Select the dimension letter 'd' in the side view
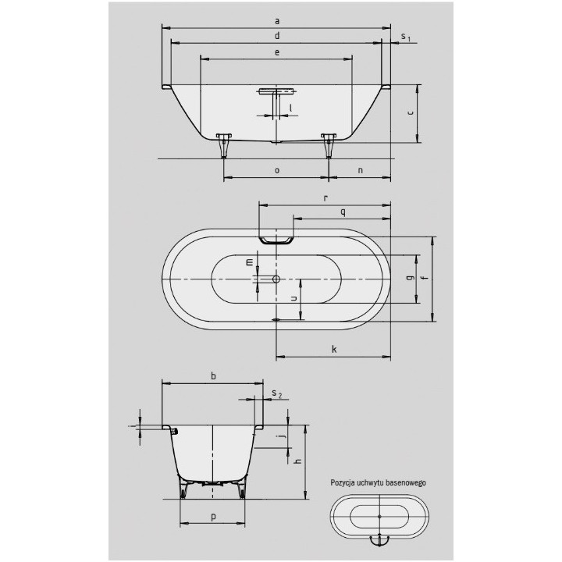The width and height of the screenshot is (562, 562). (276, 36)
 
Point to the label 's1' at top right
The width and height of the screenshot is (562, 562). (404, 37)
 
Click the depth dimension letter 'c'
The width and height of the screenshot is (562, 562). (410, 113)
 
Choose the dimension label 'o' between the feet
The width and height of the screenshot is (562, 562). (276, 169)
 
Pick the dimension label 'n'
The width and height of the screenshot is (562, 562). (360, 169)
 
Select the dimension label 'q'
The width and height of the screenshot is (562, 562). (342, 212)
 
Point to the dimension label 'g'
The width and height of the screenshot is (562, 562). (410, 278)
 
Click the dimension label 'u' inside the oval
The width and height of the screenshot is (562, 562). (293, 297)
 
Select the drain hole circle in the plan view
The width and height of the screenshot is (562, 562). (276, 279)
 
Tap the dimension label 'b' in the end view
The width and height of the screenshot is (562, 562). (213, 375)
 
